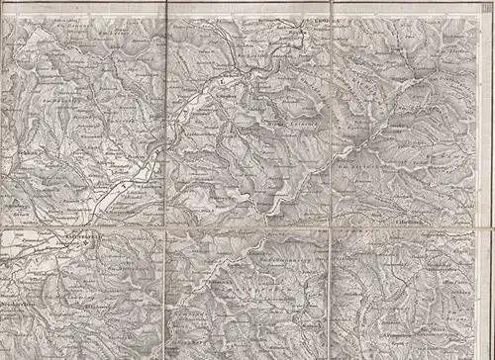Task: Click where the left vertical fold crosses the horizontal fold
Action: [x=165, y=229]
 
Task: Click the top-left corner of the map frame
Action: [x=3, y=10]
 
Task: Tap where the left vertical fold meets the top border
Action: [x=165, y=10]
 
